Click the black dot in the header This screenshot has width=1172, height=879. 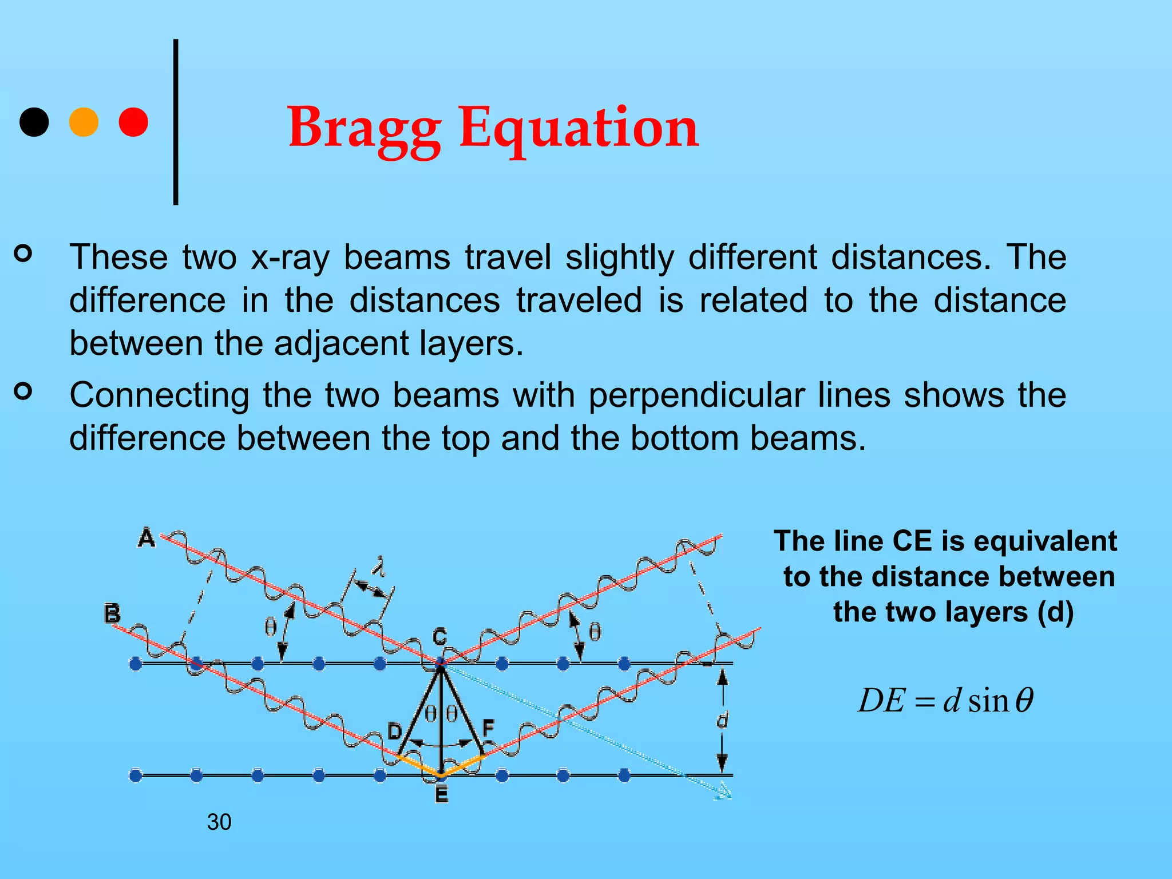(34, 122)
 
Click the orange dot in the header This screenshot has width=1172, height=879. (84, 122)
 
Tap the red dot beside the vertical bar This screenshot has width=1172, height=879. (133, 122)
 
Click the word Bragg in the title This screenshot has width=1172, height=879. (364, 128)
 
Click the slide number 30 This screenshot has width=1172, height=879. (219, 822)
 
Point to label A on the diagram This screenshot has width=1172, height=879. (146, 538)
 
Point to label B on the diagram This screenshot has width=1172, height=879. (112, 613)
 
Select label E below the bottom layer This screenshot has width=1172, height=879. (441, 794)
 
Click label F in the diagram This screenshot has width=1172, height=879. (488, 728)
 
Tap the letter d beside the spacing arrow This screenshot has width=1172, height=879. (722, 719)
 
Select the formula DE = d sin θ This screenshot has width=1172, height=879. (945, 700)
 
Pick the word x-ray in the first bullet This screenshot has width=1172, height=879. (290, 257)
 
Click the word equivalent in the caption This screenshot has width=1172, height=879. (1045, 541)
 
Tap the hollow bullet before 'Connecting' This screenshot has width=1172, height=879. (23, 391)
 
